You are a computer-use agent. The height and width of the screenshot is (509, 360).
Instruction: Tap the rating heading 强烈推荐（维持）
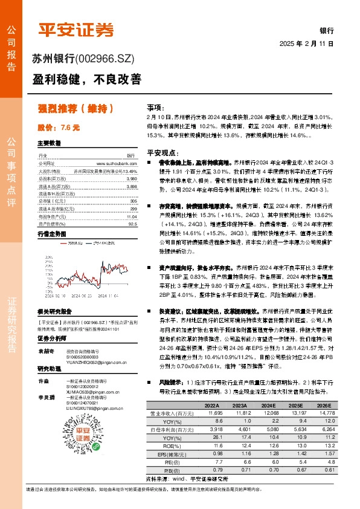pos(76,109)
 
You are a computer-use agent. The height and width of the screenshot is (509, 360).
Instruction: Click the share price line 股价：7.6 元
pos(59,128)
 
